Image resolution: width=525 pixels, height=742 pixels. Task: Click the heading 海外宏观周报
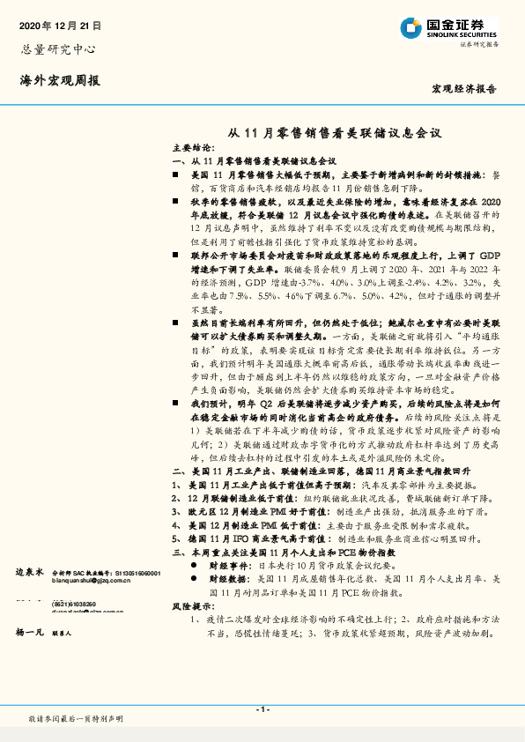[59, 80]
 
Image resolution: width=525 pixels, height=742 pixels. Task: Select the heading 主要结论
[191, 148]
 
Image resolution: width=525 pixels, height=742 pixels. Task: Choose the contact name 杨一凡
[31, 633]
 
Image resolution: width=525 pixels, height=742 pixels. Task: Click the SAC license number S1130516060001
[132, 572]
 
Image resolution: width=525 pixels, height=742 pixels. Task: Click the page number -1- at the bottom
[262, 709]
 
